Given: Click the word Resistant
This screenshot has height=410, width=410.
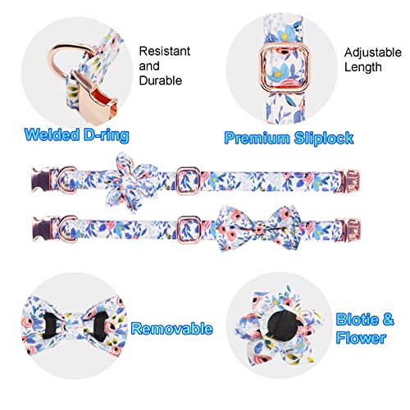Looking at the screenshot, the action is (165, 51).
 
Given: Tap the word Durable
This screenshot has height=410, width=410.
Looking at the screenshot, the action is (161, 80).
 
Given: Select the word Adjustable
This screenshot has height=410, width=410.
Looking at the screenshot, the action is (372, 52).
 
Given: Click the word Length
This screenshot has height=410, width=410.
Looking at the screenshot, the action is (362, 67).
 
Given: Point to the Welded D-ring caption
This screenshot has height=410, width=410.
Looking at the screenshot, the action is (76, 134).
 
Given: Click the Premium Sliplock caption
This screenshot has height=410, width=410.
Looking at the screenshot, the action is (289, 138).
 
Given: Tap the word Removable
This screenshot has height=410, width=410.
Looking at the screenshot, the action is (172, 328).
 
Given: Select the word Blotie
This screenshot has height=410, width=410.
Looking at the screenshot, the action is (358, 319).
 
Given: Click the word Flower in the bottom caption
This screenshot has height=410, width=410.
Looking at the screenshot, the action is (361, 337).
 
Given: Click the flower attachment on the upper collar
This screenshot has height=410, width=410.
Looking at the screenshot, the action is (132, 183).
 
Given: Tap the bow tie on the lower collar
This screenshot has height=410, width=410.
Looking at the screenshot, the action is (258, 228).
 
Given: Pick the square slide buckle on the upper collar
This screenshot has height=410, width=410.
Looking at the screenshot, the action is (187, 180).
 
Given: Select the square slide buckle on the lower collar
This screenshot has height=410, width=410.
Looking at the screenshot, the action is (189, 229).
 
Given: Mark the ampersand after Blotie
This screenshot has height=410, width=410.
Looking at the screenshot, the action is (389, 319).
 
